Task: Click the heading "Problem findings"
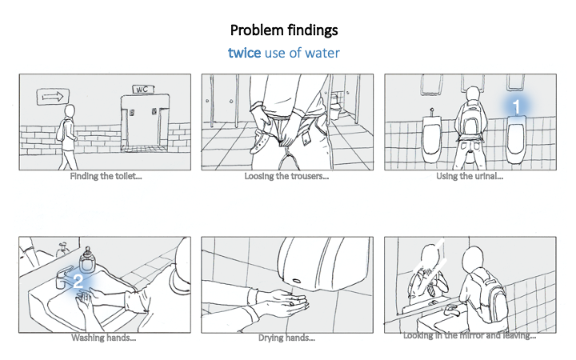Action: coord(284,30)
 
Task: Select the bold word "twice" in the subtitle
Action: coord(244,53)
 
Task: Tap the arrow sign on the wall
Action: coord(53,97)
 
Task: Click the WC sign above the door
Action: coord(143,90)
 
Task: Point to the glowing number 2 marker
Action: coord(78,282)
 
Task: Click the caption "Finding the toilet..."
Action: coord(106,176)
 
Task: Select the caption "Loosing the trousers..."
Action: coord(286,176)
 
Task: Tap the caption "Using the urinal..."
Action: coord(470,176)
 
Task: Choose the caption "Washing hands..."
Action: coord(103,338)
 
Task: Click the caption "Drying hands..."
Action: coord(286,338)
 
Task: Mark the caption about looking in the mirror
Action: coord(470,335)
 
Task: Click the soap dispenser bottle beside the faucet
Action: coord(87,259)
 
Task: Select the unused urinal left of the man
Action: coord(431,137)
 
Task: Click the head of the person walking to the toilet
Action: coord(70,111)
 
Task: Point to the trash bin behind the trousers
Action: coord(335,106)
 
